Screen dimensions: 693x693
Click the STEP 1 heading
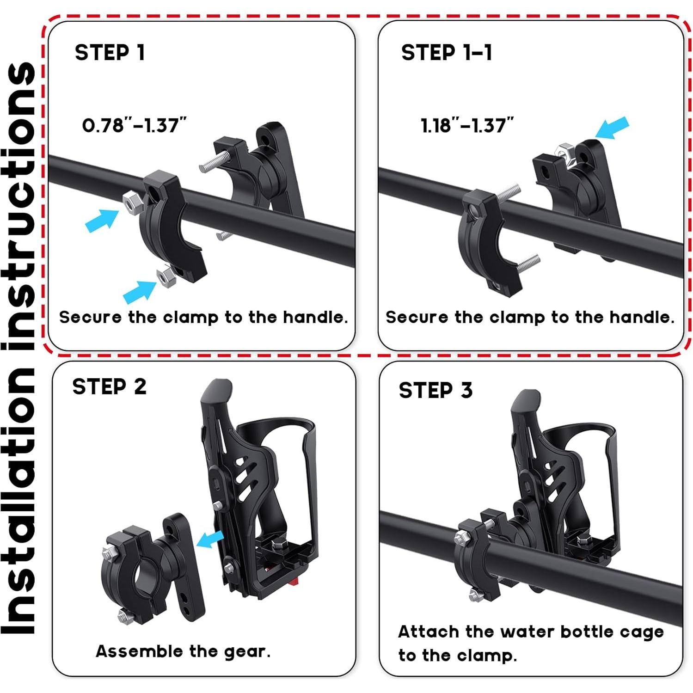tap(110, 53)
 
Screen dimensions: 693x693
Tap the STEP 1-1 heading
tap(446, 53)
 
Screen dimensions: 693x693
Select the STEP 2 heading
tap(109, 386)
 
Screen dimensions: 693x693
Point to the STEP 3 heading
tap(435, 390)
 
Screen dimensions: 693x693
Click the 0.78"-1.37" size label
tap(134, 125)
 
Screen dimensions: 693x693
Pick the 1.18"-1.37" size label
tap(467, 125)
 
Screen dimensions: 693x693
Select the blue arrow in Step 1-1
tap(613, 128)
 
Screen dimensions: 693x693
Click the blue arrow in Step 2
tap(210, 539)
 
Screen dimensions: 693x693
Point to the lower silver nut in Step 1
tap(164, 276)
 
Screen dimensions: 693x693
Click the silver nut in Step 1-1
tap(563, 151)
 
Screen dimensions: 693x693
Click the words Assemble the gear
tap(183, 651)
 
